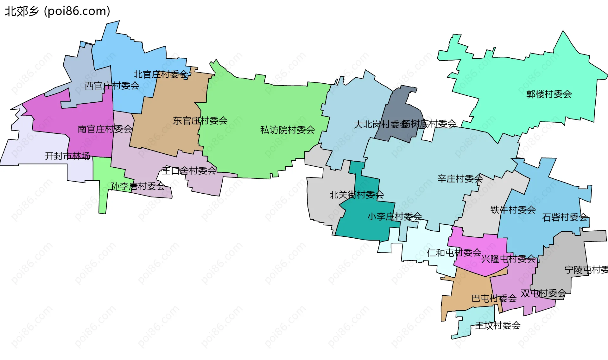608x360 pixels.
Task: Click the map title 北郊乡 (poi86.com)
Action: point(57,11)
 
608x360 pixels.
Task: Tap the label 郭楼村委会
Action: point(549,94)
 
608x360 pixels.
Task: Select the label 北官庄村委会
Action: point(161,74)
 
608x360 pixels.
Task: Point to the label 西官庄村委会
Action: point(112,86)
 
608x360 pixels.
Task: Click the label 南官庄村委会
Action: point(105,129)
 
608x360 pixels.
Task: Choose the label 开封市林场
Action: point(67,156)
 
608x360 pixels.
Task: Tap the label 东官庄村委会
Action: point(200,120)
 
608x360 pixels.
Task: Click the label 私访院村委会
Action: point(287,130)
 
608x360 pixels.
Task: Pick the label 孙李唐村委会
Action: point(138,186)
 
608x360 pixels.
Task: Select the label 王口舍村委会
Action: point(189,171)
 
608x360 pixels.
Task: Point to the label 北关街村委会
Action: point(356,195)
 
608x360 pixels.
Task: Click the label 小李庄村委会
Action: point(394,216)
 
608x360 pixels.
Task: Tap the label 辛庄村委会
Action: point(460,179)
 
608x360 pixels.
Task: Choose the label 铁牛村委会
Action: point(513,209)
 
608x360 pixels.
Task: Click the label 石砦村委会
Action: point(565,217)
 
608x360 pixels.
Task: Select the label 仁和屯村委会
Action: point(454,253)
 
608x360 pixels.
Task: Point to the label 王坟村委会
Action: point(497,325)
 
